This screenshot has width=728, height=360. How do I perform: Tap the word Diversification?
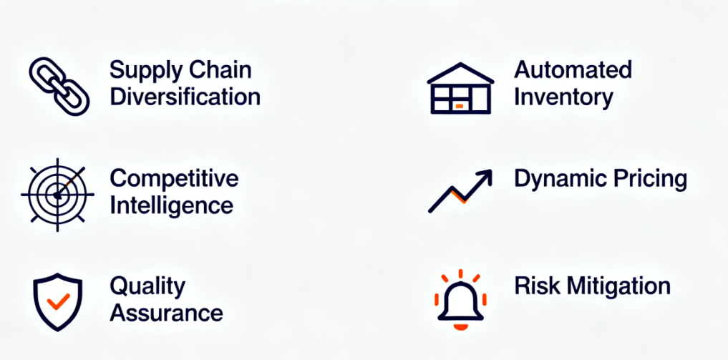(185, 97)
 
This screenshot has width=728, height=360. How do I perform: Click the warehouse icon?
(460, 88)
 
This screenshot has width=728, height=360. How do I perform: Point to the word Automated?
(573, 70)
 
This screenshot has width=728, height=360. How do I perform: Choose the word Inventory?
(563, 97)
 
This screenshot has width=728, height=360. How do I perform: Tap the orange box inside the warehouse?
(459, 106)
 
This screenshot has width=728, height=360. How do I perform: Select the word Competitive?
(174, 179)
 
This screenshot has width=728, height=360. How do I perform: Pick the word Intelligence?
(171, 206)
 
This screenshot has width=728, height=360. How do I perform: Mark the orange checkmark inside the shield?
(58, 301)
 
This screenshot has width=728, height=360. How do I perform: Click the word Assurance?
(166, 313)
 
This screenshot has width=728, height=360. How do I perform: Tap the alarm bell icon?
(460, 300)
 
